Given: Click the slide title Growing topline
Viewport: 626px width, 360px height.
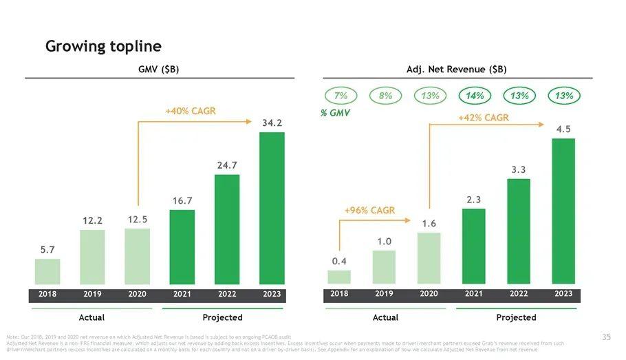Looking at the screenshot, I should point(103,46).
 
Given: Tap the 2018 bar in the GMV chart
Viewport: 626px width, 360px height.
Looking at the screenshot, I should point(47,271).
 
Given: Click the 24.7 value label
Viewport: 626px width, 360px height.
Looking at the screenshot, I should point(226,165).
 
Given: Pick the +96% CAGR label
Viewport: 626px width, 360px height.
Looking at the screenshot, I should point(369,210).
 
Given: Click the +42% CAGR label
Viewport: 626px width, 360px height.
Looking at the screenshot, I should point(483,118).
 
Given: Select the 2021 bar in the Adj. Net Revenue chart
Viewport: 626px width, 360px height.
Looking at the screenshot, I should point(474,246).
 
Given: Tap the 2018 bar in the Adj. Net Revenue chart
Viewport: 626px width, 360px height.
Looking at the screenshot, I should point(339,277).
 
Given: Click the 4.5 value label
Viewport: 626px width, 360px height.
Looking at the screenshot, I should point(563,129).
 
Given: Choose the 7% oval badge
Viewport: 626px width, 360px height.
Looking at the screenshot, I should point(341,96).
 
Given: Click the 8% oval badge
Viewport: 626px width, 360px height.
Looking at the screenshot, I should point(385,96).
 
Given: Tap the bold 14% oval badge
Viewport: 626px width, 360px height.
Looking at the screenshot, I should point(475,96).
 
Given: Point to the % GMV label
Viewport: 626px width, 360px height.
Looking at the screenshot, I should point(336,113).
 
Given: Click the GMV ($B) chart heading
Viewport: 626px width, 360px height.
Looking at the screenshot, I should point(159,70).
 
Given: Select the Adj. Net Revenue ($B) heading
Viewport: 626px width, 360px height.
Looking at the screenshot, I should point(456,70).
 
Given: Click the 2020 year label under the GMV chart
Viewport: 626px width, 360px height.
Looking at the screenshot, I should point(137,295).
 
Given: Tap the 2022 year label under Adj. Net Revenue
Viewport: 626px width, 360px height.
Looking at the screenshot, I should point(519,295).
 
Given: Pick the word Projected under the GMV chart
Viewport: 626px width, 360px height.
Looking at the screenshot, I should point(222,317).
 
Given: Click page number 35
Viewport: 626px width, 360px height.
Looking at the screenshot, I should point(605,337).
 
